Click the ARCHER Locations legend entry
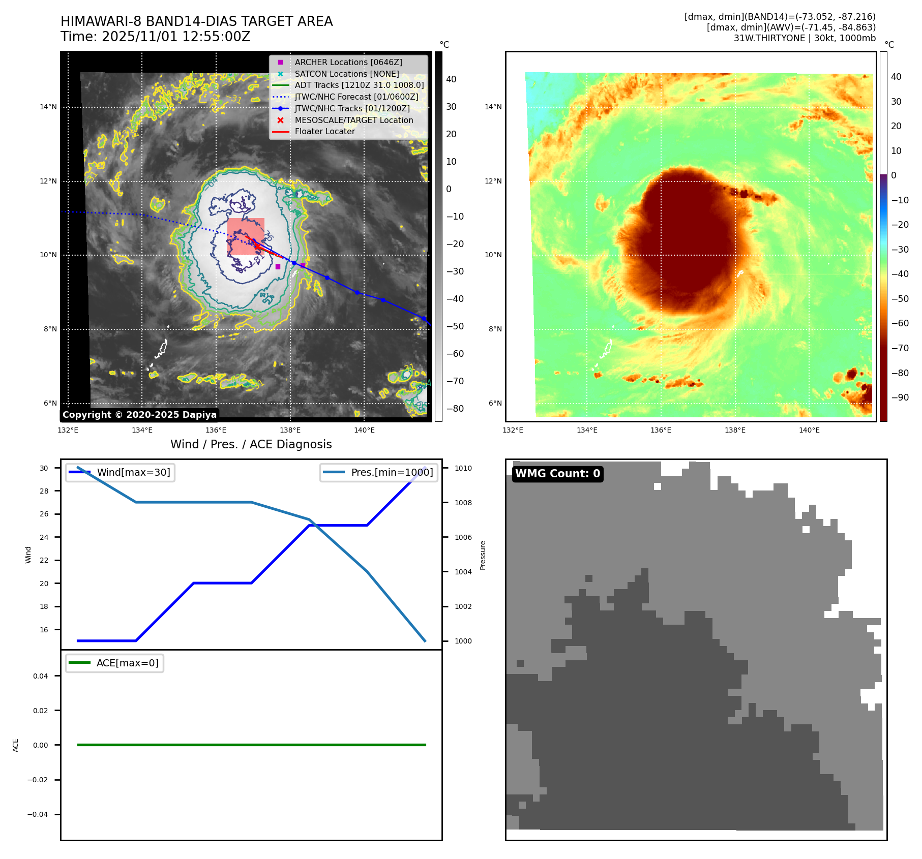[x=348, y=62]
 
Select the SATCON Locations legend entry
[x=347, y=74]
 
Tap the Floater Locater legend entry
[x=325, y=131]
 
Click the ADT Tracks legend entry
[x=359, y=85]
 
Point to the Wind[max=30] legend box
[x=121, y=472]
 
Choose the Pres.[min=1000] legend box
[x=379, y=472]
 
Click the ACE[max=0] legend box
[x=115, y=663]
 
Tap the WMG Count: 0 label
[x=557, y=474]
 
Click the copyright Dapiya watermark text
[x=140, y=415]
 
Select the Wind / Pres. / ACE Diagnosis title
[x=251, y=444]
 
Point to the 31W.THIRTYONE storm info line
[x=805, y=38]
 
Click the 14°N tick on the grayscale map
[x=48, y=107]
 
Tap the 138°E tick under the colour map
[x=735, y=430]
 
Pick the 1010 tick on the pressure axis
[x=463, y=468]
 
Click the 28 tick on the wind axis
[x=44, y=491]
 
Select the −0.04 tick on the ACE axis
[x=38, y=814]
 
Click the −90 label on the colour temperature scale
[x=900, y=397]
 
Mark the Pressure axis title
[x=483, y=555]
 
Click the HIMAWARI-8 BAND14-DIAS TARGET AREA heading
[x=197, y=21]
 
